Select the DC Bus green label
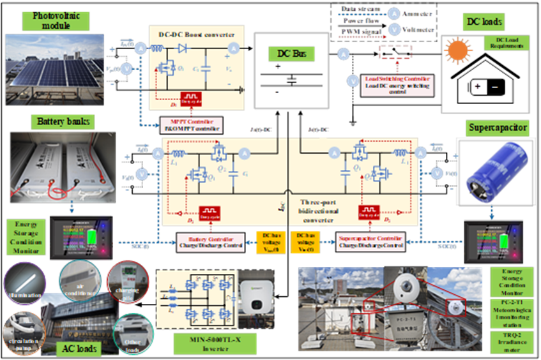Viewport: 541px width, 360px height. pyautogui.click(x=291, y=54)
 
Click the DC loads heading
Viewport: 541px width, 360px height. pyautogui.click(x=484, y=22)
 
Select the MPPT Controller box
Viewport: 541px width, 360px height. pyautogui.click(x=190, y=125)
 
